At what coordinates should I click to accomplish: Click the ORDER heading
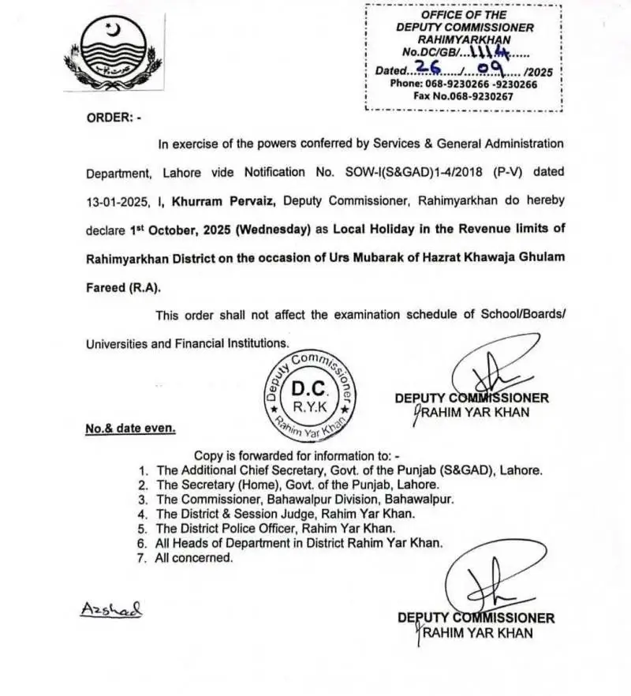114,118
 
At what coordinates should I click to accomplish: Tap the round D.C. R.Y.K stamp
310,397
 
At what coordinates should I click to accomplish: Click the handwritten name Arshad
110,609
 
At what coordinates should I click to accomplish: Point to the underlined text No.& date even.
131,428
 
